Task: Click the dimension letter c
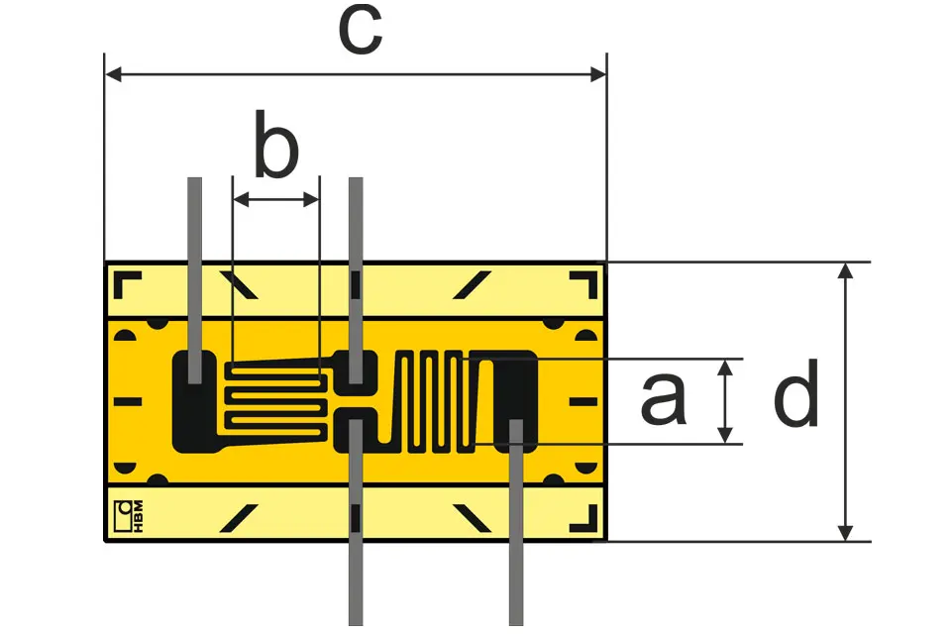tap(361, 32)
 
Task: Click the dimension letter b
tap(276, 144)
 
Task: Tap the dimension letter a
tap(664, 399)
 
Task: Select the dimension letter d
tap(796, 392)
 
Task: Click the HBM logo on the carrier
tap(129, 516)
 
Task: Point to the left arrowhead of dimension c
tap(113, 74)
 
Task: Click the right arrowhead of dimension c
tap(598, 74)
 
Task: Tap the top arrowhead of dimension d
tap(845, 270)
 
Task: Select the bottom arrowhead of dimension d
tap(845, 533)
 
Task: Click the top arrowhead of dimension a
tap(725, 368)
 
